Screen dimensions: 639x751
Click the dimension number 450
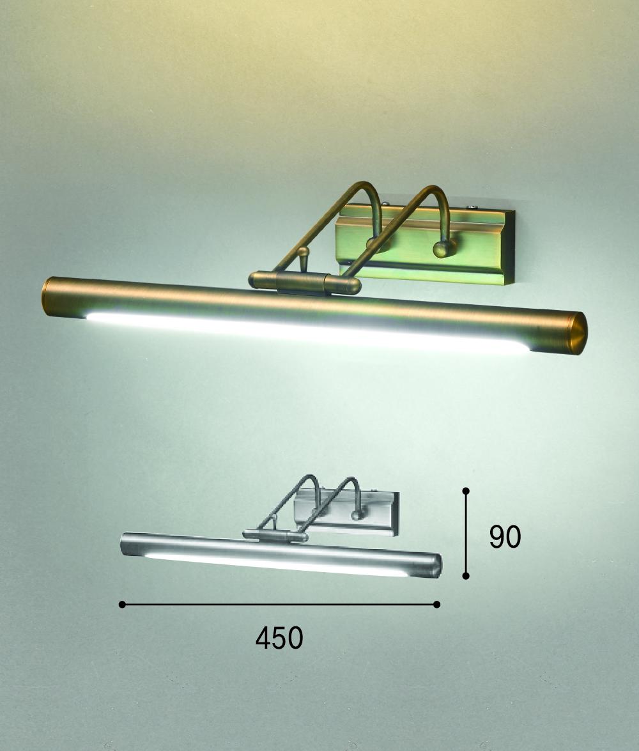[279, 637]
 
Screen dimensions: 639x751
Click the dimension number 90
[505, 536]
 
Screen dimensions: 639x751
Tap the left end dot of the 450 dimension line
[122, 605]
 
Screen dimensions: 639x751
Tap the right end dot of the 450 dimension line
[436, 605]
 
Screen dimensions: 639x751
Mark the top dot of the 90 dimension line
[466, 491]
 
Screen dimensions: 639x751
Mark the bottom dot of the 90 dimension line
[466, 576]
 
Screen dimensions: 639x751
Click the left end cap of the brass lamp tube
[48, 295]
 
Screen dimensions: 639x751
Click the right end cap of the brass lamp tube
[579, 333]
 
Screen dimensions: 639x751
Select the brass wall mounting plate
[425, 244]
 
